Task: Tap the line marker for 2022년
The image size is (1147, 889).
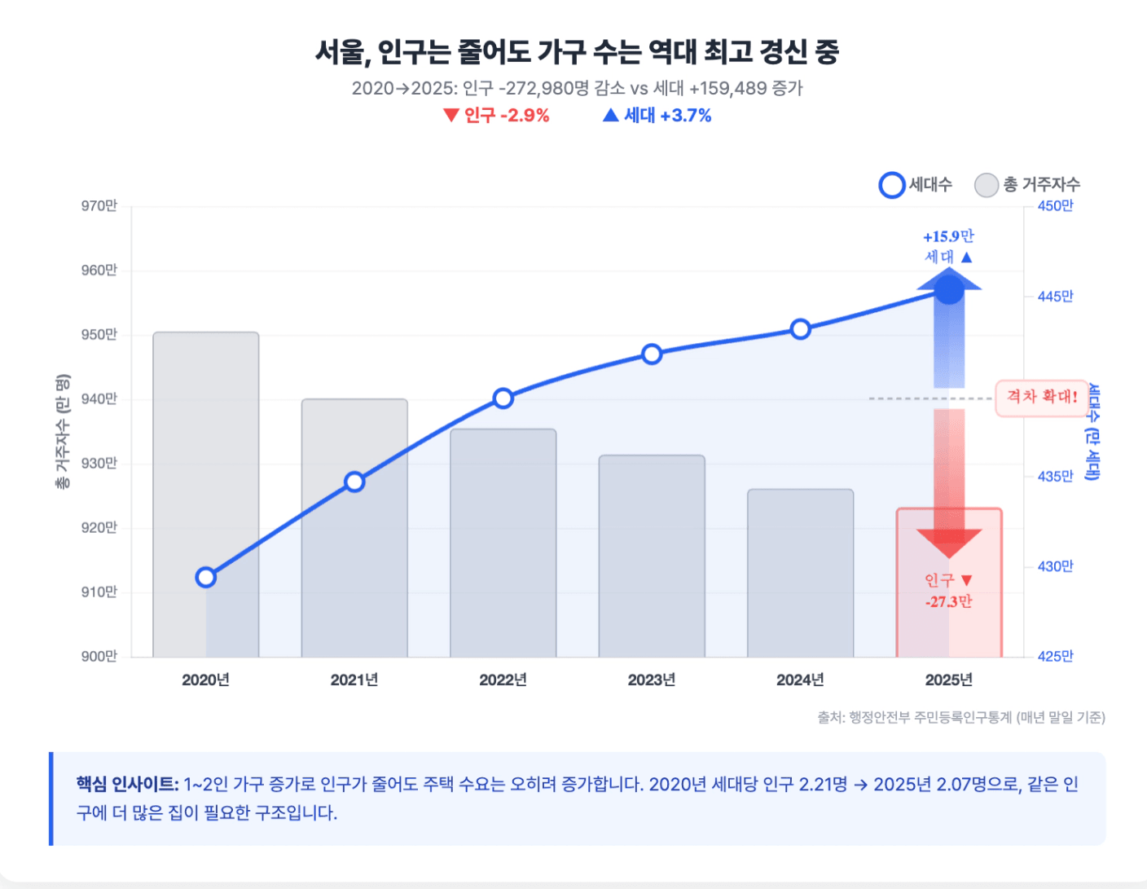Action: [503, 398]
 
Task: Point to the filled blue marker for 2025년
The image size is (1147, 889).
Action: [949, 290]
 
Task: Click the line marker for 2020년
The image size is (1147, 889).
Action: [206, 578]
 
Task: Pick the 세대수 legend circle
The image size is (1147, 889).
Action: [892, 185]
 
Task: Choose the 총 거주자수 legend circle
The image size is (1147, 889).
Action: [987, 185]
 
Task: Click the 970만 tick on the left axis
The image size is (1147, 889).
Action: [99, 206]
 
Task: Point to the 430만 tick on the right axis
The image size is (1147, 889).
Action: [1055, 566]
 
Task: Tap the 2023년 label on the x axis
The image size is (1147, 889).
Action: [652, 680]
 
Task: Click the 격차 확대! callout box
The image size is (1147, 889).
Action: [1042, 398]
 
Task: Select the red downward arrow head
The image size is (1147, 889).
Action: [949, 543]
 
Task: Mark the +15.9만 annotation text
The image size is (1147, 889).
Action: [948, 237]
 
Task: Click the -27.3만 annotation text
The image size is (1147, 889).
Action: [948, 602]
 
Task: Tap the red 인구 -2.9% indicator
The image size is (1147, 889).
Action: [496, 116]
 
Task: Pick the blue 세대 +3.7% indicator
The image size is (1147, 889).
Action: [657, 116]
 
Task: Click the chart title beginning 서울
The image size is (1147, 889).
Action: [577, 52]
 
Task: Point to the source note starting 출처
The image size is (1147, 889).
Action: [961, 717]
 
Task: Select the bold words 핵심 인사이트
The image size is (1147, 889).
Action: [127, 784]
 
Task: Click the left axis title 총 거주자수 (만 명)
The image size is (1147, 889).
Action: [63, 432]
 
